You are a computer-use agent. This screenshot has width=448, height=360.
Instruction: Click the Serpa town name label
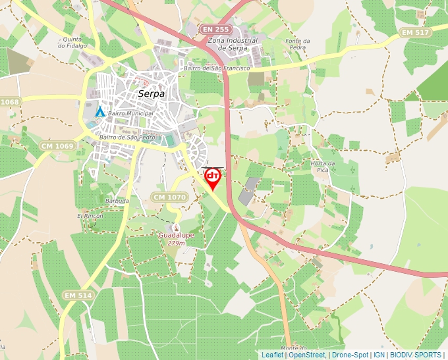click(x=151, y=94)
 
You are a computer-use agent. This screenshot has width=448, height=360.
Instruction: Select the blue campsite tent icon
click(x=99, y=112)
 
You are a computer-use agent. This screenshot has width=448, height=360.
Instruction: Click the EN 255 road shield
click(x=216, y=30)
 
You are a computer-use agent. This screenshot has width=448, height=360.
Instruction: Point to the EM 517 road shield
click(x=416, y=32)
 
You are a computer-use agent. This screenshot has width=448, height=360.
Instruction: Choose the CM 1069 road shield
click(x=57, y=144)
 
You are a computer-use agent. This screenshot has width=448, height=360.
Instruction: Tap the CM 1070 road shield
click(x=169, y=197)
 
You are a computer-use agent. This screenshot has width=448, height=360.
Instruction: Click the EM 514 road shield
click(x=78, y=296)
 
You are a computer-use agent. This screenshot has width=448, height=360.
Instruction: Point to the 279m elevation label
click(x=176, y=243)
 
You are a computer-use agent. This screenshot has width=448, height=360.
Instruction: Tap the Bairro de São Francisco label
click(x=217, y=68)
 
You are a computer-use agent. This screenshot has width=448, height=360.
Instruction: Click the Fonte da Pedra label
click(x=297, y=44)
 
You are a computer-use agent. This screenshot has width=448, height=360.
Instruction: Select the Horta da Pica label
click(x=323, y=167)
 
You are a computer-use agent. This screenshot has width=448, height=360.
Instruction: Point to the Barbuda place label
click(x=117, y=200)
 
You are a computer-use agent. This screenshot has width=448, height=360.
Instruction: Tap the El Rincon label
click(x=90, y=216)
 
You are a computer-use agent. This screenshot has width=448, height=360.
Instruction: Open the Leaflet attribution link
click(x=272, y=355)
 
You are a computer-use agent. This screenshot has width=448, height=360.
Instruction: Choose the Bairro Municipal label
click(x=130, y=113)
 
